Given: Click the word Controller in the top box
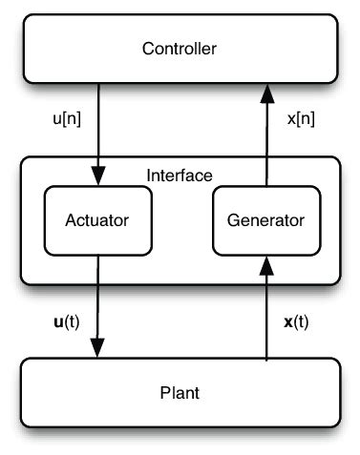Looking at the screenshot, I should click(x=180, y=49).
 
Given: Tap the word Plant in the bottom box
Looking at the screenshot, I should click(x=180, y=393).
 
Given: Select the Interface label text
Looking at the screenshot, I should click(x=180, y=176).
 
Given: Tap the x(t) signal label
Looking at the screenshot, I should click(x=297, y=321).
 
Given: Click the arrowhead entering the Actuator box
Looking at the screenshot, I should click(x=96, y=179).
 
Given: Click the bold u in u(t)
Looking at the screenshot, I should click(x=58, y=321).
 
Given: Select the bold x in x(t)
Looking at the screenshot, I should click(x=287, y=321).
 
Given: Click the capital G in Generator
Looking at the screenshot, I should click(x=233, y=220).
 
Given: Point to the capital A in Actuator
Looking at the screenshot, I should click(x=70, y=220).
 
